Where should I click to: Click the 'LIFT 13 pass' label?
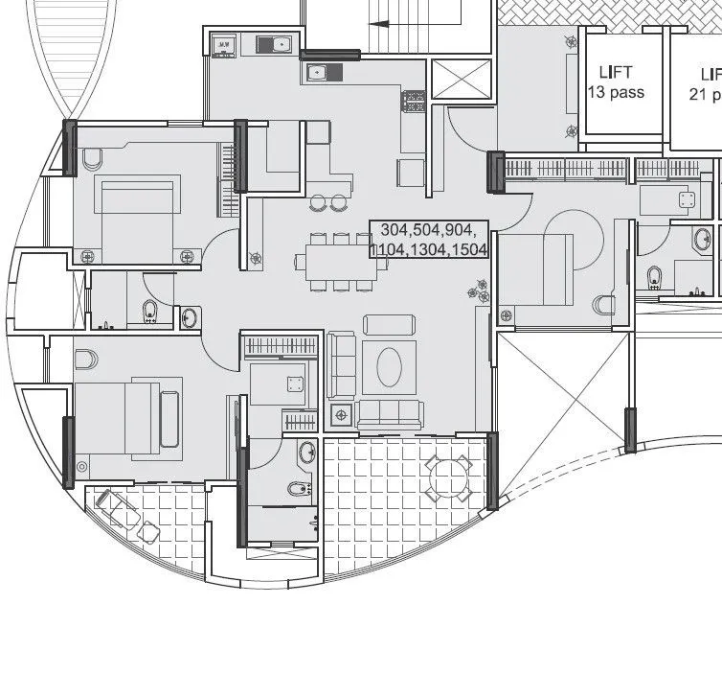(x=615, y=82)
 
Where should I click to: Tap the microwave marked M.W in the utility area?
(x=223, y=44)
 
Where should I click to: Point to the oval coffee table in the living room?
(x=389, y=366)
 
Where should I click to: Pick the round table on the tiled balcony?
(x=448, y=476)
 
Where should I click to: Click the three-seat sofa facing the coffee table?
(x=389, y=413)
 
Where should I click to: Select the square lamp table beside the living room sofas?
(x=340, y=414)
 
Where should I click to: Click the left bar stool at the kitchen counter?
(x=318, y=202)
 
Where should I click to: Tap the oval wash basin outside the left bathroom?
(x=190, y=317)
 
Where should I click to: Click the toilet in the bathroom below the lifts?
(x=654, y=278)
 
